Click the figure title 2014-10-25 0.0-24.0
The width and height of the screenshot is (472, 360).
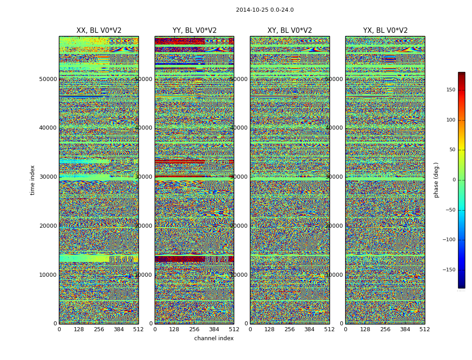[265, 10]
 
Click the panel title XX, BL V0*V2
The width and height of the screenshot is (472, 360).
[99, 31]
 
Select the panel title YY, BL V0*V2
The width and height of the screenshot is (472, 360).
[194, 31]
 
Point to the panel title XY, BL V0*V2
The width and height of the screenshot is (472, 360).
[289, 31]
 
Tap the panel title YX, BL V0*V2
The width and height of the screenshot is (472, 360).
[385, 31]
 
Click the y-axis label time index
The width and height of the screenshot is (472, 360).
[32, 180]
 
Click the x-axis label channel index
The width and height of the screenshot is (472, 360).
[214, 338]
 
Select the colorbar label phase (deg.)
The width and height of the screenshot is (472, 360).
[436, 180]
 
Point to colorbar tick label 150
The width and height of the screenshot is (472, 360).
[450, 90]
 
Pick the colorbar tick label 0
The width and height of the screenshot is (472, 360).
[454, 180]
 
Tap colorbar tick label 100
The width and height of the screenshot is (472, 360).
[450, 120]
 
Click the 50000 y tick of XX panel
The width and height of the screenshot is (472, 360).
[48, 79]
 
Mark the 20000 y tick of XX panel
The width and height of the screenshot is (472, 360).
[48, 226]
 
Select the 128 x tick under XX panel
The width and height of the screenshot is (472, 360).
[79, 329]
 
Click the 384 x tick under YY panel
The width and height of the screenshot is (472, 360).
[214, 329]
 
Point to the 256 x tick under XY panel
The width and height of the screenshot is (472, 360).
[289, 329]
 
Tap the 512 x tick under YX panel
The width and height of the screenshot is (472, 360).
[425, 329]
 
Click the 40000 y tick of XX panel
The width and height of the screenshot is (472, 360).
[48, 128]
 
